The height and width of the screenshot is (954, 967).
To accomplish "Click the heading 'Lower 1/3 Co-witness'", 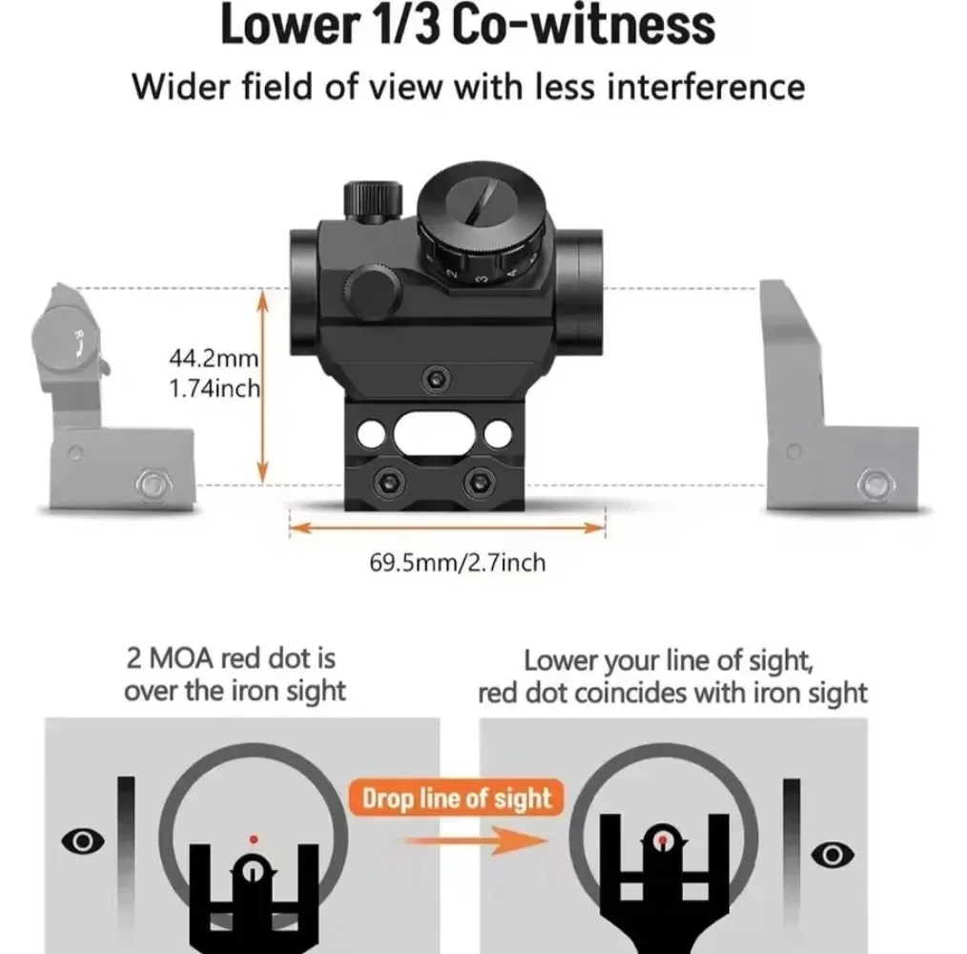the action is pos(467,26).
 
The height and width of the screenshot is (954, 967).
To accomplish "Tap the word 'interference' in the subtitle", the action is pos(706,87).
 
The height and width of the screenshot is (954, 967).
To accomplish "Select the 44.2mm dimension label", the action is pos(214,358).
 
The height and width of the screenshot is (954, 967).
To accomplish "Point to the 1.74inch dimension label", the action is pos(215,389).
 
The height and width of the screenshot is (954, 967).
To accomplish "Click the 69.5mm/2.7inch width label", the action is pos(458,563).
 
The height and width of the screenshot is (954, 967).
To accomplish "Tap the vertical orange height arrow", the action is pos(262,387).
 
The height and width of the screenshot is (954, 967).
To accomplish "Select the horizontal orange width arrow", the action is pos(447,528).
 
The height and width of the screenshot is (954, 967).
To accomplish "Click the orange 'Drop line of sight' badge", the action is pos(457,798).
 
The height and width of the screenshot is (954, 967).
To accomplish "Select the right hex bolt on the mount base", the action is pos(479,482).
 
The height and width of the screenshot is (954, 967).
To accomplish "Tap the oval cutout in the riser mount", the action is pos(435,434).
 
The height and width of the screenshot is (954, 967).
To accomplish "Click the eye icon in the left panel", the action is pos(83,840).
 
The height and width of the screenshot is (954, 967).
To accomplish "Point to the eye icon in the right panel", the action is pos(833,855).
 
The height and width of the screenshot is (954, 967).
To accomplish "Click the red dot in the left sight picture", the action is pos(254,840).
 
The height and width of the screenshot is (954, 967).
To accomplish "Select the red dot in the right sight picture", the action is pos(663,840).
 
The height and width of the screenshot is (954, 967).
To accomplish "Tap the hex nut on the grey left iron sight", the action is pos(153,485).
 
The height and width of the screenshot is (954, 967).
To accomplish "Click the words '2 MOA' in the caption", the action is pos(171,659).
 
